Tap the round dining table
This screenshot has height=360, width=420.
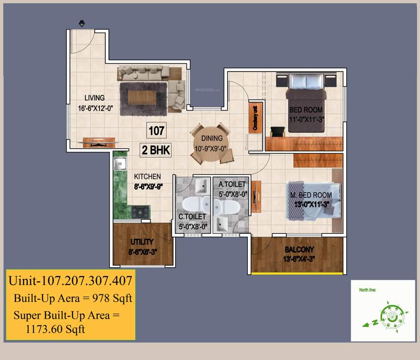pyautogui.click(x=211, y=143)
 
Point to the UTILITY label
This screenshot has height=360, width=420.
pyautogui.click(x=142, y=242)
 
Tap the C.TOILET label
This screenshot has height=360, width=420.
pyautogui.click(x=192, y=217)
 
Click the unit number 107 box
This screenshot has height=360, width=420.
pyautogui.click(x=156, y=130)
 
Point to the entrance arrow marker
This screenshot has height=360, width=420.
pyautogui.click(x=82, y=22)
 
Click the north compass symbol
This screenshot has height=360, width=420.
pyautogui.click(x=389, y=315)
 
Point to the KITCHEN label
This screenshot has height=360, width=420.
pyautogui.click(x=147, y=177)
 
